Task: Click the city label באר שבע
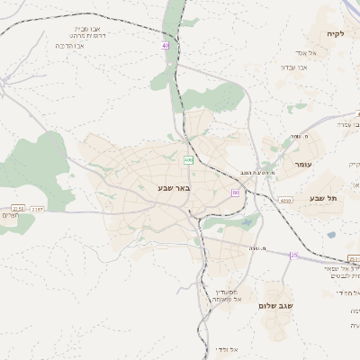point(167,188)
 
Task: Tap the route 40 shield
point(166,45)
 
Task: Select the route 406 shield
point(188,159)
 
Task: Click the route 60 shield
point(235,193)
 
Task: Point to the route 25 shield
point(293,255)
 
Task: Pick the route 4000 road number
point(286,200)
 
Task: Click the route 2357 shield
point(37,209)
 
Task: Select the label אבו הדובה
point(70,45)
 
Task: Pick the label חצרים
point(10,215)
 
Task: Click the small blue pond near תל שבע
point(331,235)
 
